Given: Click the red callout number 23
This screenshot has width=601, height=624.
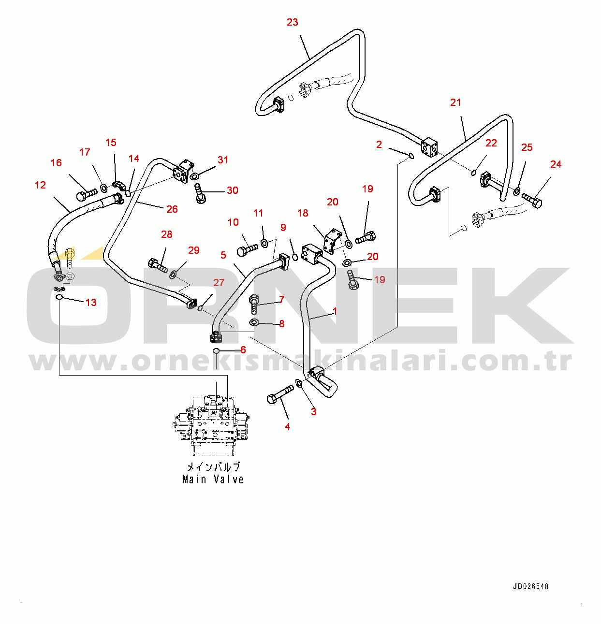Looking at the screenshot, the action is click(x=293, y=22).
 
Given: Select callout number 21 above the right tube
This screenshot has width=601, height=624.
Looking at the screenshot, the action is click(x=455, y=102).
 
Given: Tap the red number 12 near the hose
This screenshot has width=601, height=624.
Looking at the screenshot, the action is click(x=41, y=185).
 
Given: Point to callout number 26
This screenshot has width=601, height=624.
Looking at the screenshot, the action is click(x=172, y=209).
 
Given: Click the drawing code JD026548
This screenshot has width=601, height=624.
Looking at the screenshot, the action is click(x=530, y=587).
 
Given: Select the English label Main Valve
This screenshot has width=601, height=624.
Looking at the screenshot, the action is click(x=213, y=479).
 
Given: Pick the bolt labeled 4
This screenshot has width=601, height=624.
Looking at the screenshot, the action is click(x=279, y=394).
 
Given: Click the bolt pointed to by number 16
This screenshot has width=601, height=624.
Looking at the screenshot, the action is click(x=86, y=195).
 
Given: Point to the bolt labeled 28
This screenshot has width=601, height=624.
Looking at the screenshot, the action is click(x=158, y=265).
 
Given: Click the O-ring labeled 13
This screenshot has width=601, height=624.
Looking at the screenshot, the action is click(x=59, y=297).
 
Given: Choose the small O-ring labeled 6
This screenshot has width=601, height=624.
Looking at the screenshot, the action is click(x=216, y=350).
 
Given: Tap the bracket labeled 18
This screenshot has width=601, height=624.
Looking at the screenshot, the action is click(x=332, y=241).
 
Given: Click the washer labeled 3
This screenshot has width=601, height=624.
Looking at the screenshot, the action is click(x=299, y=384).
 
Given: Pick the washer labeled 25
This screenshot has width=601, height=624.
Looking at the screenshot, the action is click(x=516, y=191).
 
